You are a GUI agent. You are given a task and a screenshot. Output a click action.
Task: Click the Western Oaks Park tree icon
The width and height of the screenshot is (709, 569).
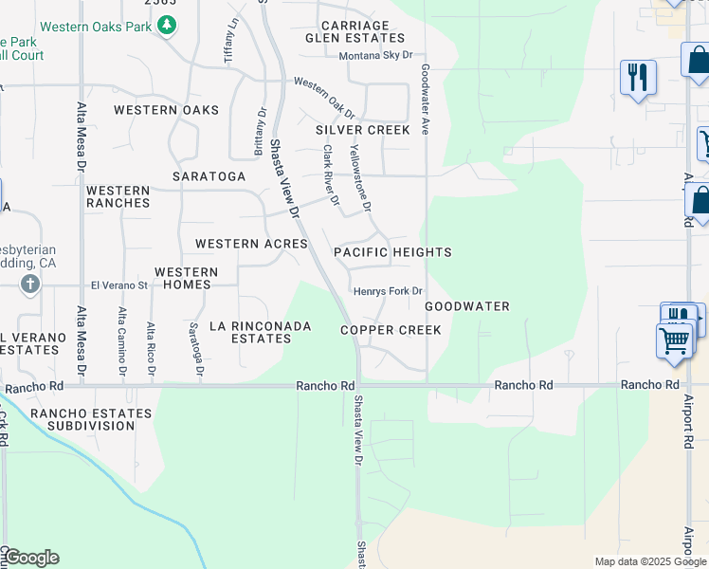[168, 26]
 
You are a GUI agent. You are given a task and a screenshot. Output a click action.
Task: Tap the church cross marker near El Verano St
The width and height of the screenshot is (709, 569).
[29, 284]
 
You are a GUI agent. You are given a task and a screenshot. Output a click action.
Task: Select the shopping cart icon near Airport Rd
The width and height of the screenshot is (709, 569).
[673, 340]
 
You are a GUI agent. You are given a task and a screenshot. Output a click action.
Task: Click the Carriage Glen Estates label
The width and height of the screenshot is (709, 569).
[354, 32]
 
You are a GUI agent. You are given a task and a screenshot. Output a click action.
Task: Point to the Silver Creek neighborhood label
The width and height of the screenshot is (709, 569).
[363, 130]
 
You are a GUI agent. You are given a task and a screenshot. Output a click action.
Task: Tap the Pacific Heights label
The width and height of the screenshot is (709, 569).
[392, 252]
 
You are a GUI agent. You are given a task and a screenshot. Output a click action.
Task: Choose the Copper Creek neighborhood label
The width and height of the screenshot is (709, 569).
[391, 330]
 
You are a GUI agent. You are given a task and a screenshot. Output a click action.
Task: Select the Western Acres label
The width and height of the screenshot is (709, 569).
[251, 244]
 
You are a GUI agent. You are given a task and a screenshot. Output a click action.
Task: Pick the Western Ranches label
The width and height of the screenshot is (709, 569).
[118, 196]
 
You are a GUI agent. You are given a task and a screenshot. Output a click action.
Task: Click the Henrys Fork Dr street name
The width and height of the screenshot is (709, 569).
[387, 291]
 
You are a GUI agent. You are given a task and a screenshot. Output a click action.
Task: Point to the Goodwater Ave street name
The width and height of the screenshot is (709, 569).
[426, 100]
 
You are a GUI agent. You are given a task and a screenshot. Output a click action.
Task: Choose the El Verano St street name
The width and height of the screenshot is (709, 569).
[119, 284]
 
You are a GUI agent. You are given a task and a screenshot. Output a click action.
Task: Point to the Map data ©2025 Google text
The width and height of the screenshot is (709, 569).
[649, 561]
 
